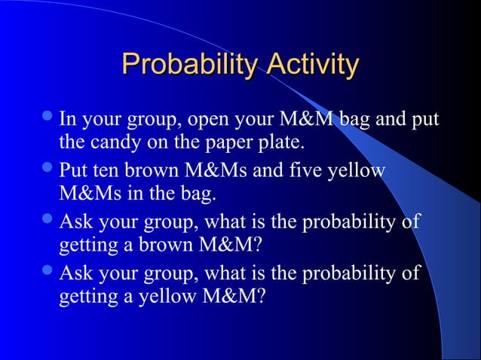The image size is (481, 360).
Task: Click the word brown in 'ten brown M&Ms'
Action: pyautogui.click(x=146, y=169)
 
